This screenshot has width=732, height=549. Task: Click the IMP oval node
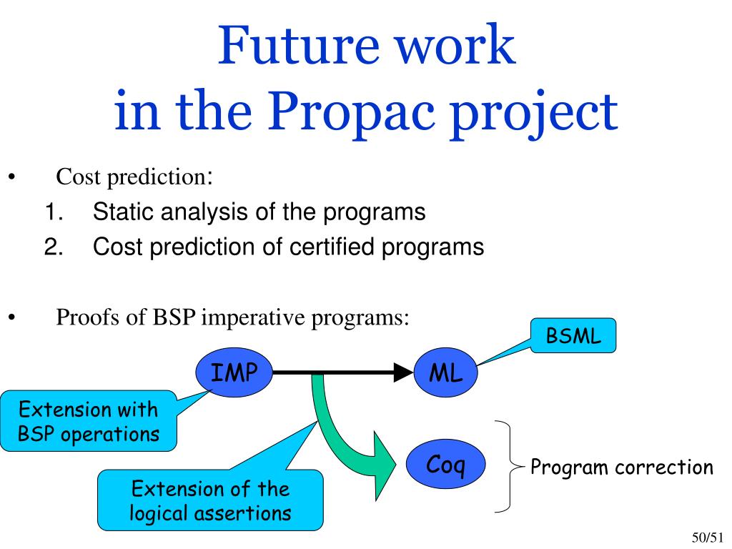coord(234,372)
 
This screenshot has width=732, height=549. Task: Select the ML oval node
coord(446,372)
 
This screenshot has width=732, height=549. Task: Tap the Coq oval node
coord(446,464)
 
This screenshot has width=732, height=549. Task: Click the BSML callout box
coord(573,336)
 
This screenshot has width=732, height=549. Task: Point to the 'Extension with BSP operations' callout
coord(89,421)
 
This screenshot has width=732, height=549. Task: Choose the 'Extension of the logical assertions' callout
coord(210,500)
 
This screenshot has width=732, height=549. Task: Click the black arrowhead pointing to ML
coord(403,372)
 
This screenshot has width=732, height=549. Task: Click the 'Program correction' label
coord(622,467)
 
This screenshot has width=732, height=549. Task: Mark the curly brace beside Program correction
coord(510,466)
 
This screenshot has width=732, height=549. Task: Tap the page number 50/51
coord(707,538)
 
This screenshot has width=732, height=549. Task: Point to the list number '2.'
coord(54,247)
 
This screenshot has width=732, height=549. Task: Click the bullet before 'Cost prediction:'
coord(11,177)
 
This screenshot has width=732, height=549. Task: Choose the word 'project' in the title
coord(534,112)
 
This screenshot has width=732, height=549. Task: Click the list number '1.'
coord(54,212)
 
